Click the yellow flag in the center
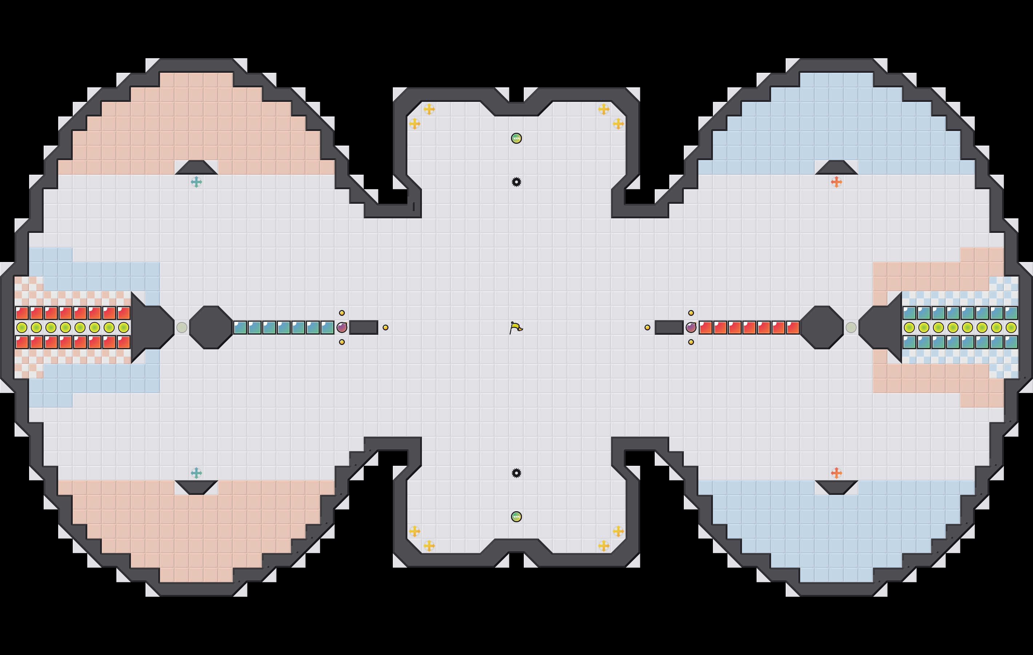click(516, 328)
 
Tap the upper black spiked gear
click(516, 182)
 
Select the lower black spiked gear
click(516, 473)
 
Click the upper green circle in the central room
click(516, 138)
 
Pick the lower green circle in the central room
click(516, 517)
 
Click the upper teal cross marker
click(196, 182)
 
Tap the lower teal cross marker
click(196, 473)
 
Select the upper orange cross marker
click(836, 182)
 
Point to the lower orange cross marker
click(836, 473)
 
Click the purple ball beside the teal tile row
click(342, 327)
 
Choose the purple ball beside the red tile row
click(691, 327)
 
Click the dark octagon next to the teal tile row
click(211, 327)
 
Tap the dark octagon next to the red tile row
click(822, 327)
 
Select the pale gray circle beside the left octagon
click(182, 327)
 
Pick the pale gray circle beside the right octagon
click(851, 327)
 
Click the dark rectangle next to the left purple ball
click(363, 327)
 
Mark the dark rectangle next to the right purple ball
click(669, 327)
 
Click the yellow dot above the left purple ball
click(342, 313)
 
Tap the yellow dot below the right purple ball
click(691, 342)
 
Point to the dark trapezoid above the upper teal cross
click(196, 168)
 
